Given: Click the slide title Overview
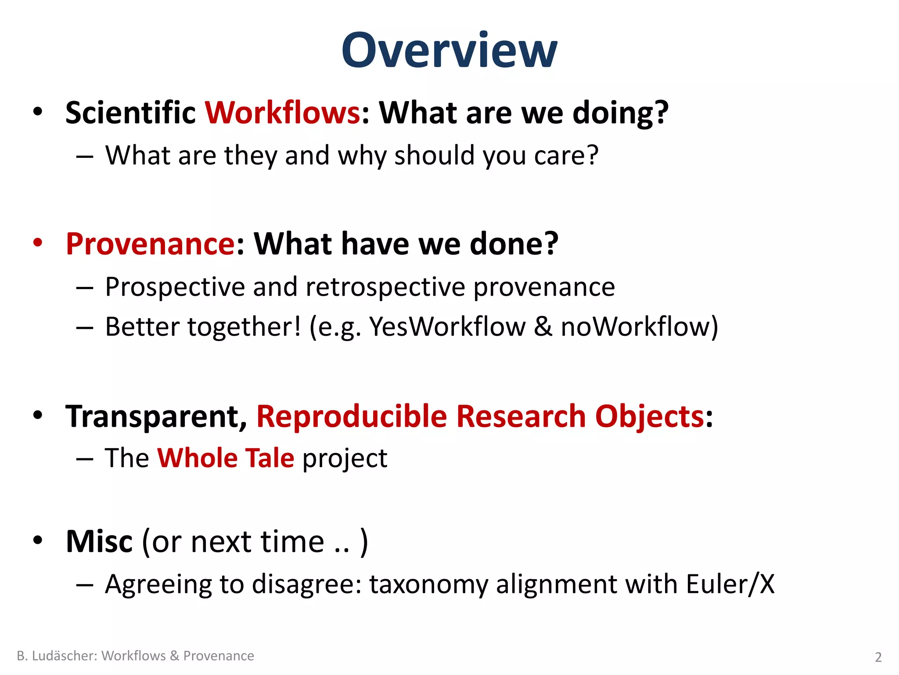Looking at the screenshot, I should click(x=449, y=51).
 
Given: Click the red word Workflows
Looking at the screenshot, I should click(x=283, y=112).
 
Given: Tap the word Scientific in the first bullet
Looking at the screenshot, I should click(x=130, y=112).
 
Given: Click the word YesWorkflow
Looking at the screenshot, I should click(x=447, y=327).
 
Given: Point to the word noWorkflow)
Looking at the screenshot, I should click(x=640, y=327).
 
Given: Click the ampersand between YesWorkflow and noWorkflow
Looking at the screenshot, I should click(x=543, y=327).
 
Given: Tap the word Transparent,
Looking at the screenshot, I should click(x=156, y=416).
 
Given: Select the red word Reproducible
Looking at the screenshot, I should click(x=351, y=416).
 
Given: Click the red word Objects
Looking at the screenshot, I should click(x=649, y=416).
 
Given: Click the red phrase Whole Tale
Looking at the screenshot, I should click(x=226, y=458).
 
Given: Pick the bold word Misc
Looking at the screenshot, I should click(x=99, y=541).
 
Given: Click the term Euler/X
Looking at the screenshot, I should click(x=730, y=584).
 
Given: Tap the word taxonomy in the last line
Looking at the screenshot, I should click(x=428, y=585).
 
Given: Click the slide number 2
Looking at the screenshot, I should click(x=878, y=657).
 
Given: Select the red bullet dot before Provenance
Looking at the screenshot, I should click(x=38, y=243).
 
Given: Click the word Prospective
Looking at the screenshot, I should click(x=174, y=287).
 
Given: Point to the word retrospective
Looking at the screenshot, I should click(x=385, y=287).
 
